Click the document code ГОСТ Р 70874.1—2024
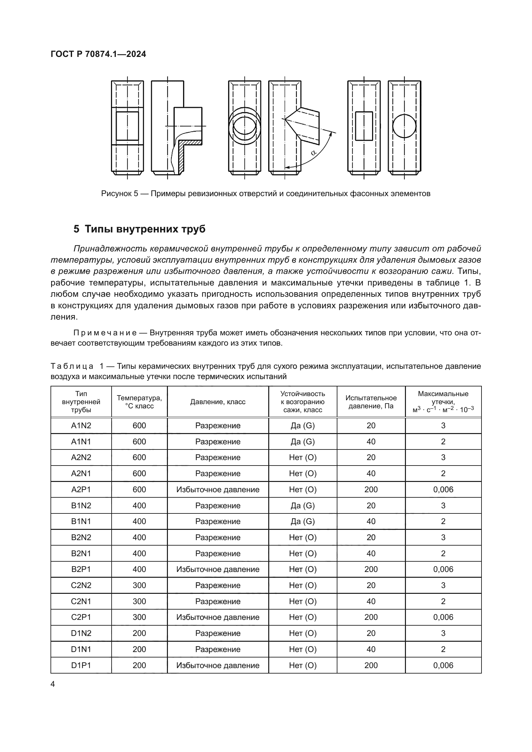[98, 54]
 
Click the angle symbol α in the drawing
[313, 152]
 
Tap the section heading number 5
[76, 229]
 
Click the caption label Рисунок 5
[120, 194]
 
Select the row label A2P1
[81, 489]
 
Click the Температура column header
[139, 402]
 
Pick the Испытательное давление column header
[371, 402]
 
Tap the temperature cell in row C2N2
[139, 585]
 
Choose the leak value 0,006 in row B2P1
[443, 569]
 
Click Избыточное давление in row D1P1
[218, 665]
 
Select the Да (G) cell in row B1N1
[303, 521]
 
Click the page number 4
[53, 684]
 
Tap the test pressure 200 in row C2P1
[371, 617]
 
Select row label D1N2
[81, 633]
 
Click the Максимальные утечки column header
[443, 402]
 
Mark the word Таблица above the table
[72, 366]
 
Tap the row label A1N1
[81, 441]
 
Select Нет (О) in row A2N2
[303, 458]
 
